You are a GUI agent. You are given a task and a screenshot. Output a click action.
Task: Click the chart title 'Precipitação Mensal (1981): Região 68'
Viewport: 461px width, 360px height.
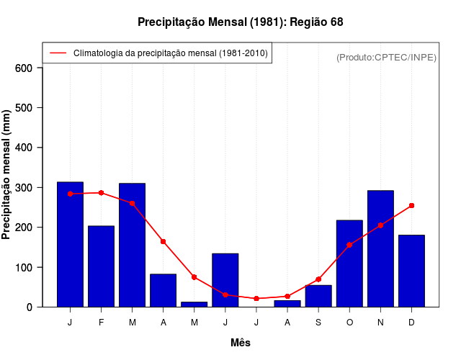pyautogui.click(x=240, y=22)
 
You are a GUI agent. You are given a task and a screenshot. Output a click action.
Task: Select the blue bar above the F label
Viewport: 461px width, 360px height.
pyautogui.click(x=101, y=266)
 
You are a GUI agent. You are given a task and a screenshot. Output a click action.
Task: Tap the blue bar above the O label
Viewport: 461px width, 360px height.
pyautogui.click(x=349, y=264)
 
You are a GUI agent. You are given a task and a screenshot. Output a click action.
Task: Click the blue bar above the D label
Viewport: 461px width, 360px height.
pyautogui.click(x=411, y=271)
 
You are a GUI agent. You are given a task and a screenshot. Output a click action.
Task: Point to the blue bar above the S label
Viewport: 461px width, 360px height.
pyautogui.click(x=318, y=296)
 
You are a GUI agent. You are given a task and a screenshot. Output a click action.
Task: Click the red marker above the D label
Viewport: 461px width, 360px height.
pyautogui.click(x=411, y=205)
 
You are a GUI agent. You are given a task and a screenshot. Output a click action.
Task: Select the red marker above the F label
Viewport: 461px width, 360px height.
pyautogui.click(x=101, y=193)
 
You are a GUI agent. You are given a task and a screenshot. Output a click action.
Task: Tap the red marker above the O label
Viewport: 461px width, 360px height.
pyautogui.click(x=349, y=245)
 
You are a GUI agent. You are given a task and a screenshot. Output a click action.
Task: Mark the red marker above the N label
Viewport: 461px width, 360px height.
pyautogui.click(x=380, y=225)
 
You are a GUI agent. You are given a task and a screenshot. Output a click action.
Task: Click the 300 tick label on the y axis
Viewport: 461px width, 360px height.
pyautogui.click(x=24, y=188)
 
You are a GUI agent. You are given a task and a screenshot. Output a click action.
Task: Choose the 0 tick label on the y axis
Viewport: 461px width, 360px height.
pyautogui.click(x=30, y=307)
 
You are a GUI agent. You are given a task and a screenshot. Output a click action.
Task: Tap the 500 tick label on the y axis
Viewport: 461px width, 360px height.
pyautogui.click(x=24, y=108)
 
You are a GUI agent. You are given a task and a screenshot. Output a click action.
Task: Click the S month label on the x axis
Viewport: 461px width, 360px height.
pyautogui.click(x=318, y=323)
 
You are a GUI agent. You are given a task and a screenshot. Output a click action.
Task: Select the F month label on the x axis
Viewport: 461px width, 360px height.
pyautogui.click(x=101, y=323)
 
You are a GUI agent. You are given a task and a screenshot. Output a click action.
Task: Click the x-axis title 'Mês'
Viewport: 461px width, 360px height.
pyautogui.click(x=241, y=343)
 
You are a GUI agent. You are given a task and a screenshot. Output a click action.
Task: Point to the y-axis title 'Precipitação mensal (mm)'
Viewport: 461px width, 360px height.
pyautogui.click(x=7, y=175)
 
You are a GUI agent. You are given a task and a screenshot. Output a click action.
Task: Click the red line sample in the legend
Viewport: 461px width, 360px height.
pyautogui.click(x=58, y=53)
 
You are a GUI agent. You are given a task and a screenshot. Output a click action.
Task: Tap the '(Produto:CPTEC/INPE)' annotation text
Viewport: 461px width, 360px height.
pyautogui.click(x=386, y=58)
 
